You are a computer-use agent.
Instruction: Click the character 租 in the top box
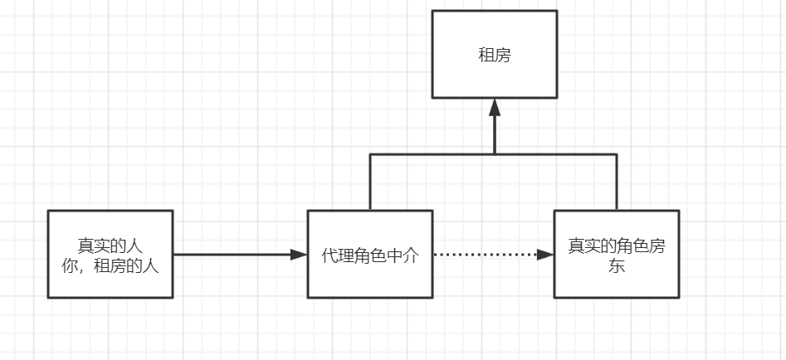click(486, 56)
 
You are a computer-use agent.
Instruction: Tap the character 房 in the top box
click(502, 56)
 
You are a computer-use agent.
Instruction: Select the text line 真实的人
click(110, 246)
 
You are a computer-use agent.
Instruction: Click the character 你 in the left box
click(71, 265)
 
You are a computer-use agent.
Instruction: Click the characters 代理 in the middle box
click(337, 255)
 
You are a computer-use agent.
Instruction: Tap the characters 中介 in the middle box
click(402, 255)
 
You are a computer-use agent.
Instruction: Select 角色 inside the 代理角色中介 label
click(369, 255)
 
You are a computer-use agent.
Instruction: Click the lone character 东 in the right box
click(617, 266)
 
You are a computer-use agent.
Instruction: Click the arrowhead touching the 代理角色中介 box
click(298, 255)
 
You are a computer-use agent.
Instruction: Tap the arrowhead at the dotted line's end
click(544, 255)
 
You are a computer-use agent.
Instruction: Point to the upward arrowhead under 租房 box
click(495, 108)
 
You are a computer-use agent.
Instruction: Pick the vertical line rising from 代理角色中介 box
click(370, 182)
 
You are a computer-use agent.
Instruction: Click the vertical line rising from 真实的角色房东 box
click(617, 182)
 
